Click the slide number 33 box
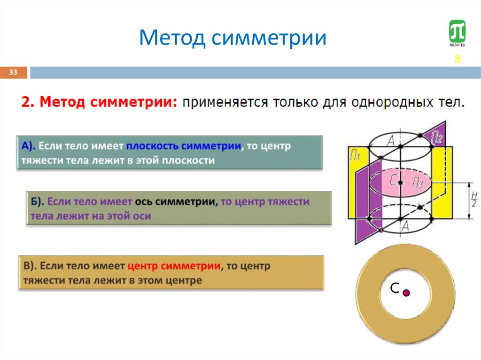(x=13, y=72)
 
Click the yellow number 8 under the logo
(x=457, y=59)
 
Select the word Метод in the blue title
(x=172, y=38)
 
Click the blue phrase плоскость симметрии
(x=183, y=146)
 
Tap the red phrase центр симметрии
(x=174, y=266)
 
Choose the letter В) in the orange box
(x=29, y=266)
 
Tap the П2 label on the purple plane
(x=436, y=137)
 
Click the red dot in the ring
(x=406, y=293)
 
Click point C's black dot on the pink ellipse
(x=400, y=182)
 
